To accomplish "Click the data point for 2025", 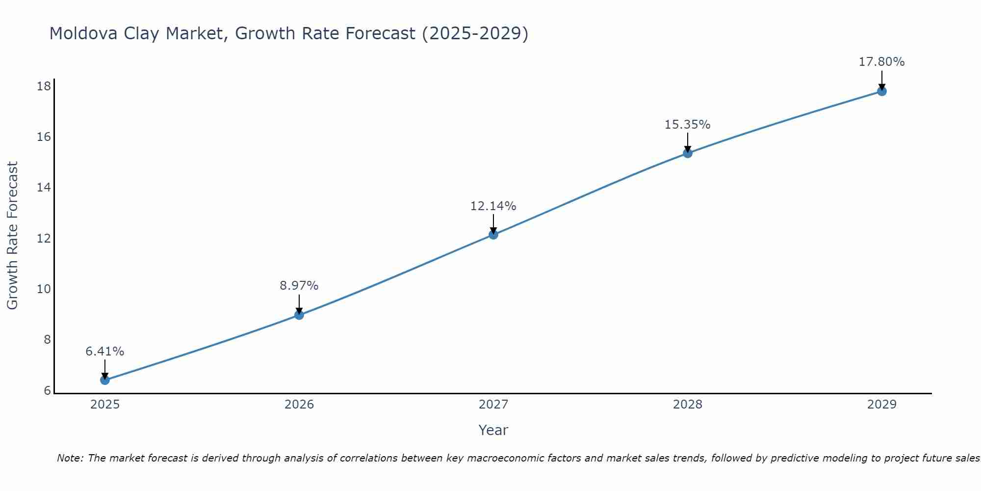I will (x=105, y=380).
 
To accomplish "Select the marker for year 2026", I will (x=299, y=315).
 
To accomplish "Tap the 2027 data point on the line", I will (x=493, y=235).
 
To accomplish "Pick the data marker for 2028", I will (x=688, y=153).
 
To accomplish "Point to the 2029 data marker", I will (x=882, y=91).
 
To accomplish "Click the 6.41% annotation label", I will (x=105, y=352).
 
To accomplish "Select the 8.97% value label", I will (x=299, y=286).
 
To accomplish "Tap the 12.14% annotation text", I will (x=493, y=206).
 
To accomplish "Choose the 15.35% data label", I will (x=688, y=125).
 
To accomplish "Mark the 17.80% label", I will (x=882, y=62).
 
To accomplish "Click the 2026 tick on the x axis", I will (x=299, y=405).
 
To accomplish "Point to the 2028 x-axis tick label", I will (x=688, y=405).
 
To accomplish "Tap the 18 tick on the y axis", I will (x=44, y=86).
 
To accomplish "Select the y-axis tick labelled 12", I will (x=44, y=239).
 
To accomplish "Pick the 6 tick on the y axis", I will (x=48, y=391).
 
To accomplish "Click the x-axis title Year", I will (x=493, y=430).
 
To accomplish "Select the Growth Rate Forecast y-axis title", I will (x=13, y=236).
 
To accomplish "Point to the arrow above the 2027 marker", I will (x=493, y=223).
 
